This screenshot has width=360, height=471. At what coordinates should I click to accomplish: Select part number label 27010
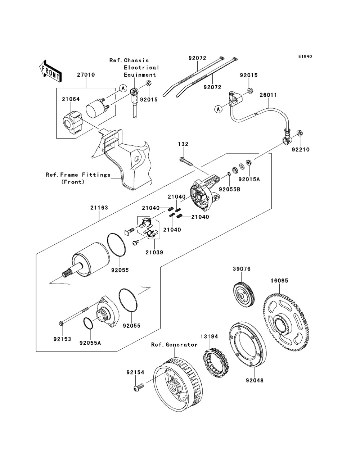86,75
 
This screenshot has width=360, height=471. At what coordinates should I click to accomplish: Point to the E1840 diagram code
305,56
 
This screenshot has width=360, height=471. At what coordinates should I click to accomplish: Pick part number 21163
99,208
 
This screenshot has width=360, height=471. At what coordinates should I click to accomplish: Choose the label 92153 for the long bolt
62,339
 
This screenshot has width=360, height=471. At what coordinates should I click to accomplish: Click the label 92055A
90,343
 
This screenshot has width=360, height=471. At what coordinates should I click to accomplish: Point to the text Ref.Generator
174,345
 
